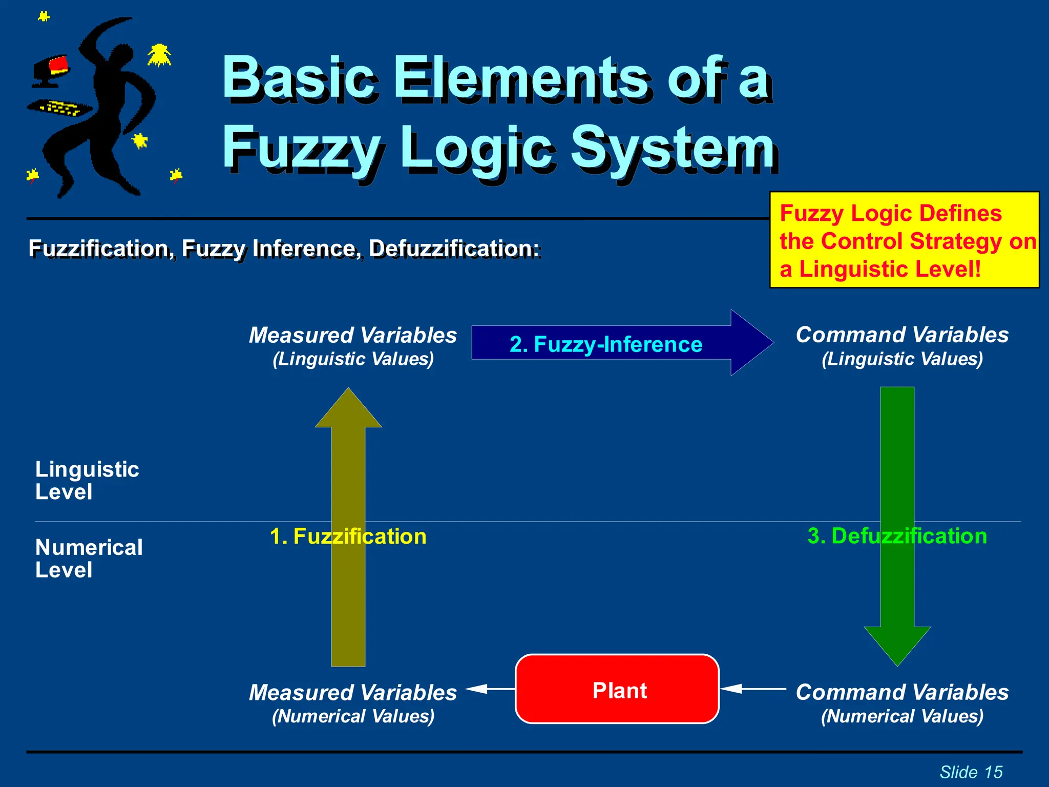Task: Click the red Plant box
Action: click(617, 689)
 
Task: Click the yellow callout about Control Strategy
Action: click(904, 240)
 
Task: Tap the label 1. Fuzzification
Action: click(348, 536)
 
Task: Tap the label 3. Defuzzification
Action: click(897, 536)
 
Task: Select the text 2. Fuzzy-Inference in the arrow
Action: click(605, 344)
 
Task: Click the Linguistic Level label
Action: click(87, 480)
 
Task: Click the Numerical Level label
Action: click(89, 558)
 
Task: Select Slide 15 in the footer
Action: click(971, 772)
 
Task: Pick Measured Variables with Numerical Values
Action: click(353, 702)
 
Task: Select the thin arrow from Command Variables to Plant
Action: click(753, 689)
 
